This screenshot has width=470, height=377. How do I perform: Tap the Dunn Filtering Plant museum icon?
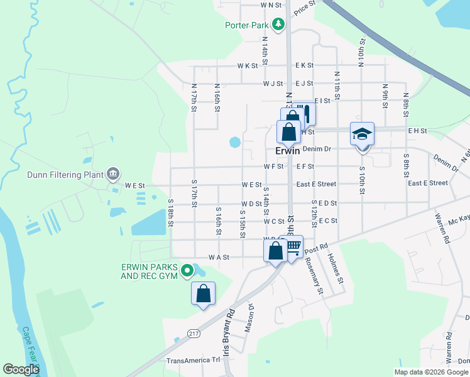[x=112, y=173]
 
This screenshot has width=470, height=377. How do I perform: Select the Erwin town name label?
[x=287, y=151]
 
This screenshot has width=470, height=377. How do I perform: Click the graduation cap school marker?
[x=362, y=134]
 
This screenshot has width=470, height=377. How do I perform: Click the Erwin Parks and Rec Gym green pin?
[x=187, y=271]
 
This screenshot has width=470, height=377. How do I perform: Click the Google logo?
[x=21, y=369]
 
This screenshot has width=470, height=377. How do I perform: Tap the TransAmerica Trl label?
[x=194, y=361]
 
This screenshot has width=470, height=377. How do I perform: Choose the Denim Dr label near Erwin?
[x=316, y=149]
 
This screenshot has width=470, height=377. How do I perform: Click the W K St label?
[x=248, y=65]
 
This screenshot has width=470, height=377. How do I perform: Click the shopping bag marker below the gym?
[x=203, y=293]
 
